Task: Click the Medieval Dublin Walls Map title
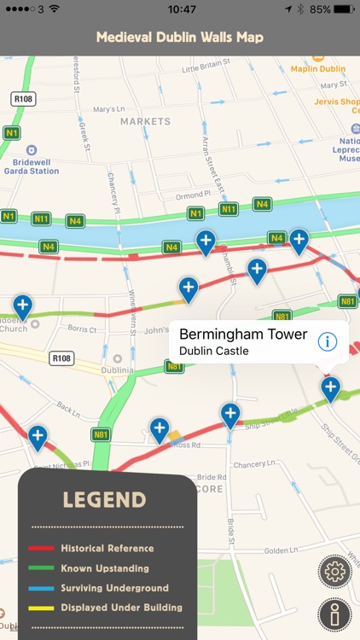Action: point(179,38)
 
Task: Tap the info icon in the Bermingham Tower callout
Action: point(327,341)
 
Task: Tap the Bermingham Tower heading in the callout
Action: point(243,334)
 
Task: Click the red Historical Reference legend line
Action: point(43,548)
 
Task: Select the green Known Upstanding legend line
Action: point(43,568)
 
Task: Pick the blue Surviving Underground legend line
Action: point(43,588)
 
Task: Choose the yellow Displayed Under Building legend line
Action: point(43,608)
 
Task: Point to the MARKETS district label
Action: point(145,121)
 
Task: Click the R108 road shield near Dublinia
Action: point(62,358)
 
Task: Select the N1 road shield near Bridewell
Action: point(11,132)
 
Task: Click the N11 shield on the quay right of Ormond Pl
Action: point(228,208)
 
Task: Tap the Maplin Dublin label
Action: point(317,68)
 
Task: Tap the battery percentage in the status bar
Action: point(320,9)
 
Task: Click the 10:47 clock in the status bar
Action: point(182,9)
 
